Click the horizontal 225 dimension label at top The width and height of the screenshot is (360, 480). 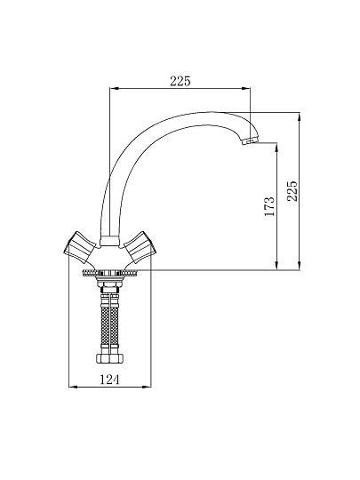click(x=180, y=81)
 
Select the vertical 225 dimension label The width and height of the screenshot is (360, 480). click(x=292, y=191)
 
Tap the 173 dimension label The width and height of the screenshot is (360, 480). click(x=269, y=206)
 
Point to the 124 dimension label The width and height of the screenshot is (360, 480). click(x=109, y=380)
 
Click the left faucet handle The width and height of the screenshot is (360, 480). click(x=79, y=247)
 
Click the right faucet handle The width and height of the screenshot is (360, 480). click(x=140, y=247)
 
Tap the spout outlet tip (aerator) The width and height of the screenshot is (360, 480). click(x=250, y=141)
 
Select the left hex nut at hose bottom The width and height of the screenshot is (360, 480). click(x=103, y=358)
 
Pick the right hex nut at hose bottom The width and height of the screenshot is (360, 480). click(x=116, y=358)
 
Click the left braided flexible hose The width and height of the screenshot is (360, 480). click(x=105, y=324)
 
